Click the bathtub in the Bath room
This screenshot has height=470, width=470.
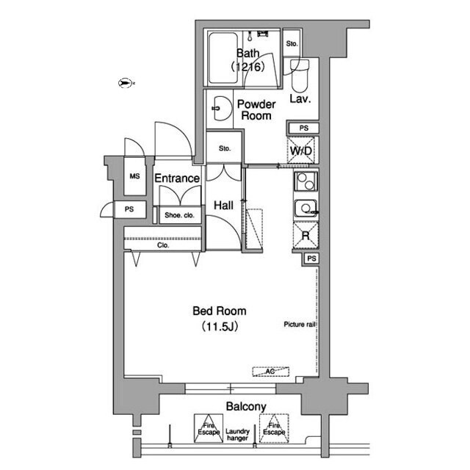223,58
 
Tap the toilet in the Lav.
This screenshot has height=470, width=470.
300,76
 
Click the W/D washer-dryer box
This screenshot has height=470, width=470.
301,151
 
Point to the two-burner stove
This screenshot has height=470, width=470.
305,181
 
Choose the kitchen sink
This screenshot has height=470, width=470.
306,209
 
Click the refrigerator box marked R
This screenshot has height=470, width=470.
305,236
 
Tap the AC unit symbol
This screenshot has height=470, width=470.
271,372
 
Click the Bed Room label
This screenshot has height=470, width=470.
220,311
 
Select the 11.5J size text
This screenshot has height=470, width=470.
220,326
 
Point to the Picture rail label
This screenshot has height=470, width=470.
300,324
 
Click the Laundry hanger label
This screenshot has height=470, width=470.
237,435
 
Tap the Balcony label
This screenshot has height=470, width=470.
246,406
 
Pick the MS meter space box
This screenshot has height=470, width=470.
135,176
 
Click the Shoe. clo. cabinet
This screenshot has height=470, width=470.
179,215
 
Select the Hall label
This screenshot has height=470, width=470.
223,206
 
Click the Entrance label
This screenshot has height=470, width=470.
177,178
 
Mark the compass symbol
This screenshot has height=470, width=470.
126,83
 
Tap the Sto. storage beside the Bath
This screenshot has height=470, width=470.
292,43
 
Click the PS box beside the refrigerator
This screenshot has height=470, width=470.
311,258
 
